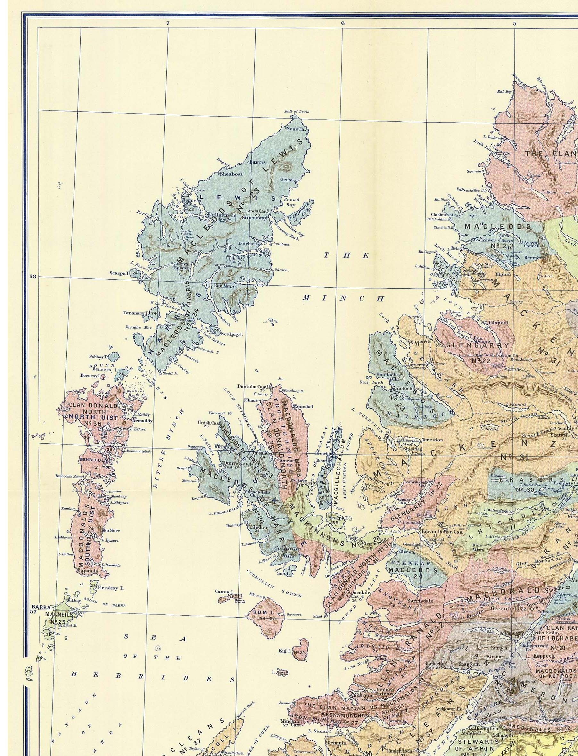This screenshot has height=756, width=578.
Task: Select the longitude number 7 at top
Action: pyautogui.click(x=168, y=23)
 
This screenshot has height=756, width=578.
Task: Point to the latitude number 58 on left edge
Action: pyautogui.click(x=33, y=276)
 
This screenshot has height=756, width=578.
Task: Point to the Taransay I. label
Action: pyautogui.click(x=136, y=313)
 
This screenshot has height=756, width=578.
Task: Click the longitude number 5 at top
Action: pyautogui.click(x=515, y=23)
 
